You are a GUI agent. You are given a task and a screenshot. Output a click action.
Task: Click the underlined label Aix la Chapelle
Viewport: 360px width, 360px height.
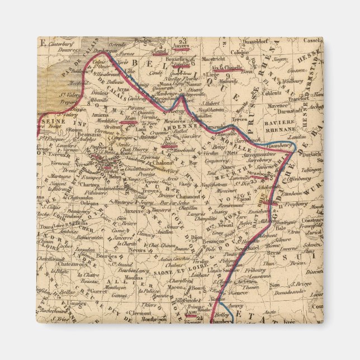coord(226,69)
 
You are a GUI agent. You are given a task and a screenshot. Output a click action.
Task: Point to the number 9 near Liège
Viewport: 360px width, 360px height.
coord(229,75)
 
